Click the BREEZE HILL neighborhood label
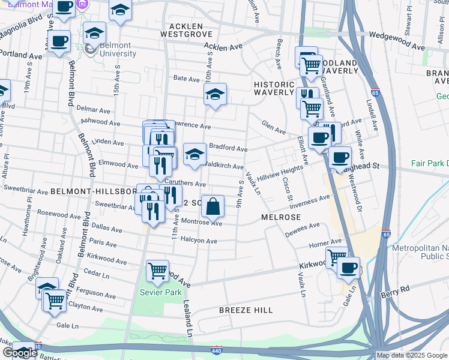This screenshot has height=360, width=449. coord(246,310)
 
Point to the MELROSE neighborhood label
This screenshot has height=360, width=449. coord(280,217)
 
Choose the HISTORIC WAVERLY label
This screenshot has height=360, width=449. coord(274,89)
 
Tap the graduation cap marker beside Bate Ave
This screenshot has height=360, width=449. coord(215,94)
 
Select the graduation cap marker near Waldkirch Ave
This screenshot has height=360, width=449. coord(194,154)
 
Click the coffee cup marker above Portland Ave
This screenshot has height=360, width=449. coord(59,41)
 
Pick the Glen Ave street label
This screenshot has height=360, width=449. coord(273,125)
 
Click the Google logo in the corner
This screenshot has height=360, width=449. coord(20,353)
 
